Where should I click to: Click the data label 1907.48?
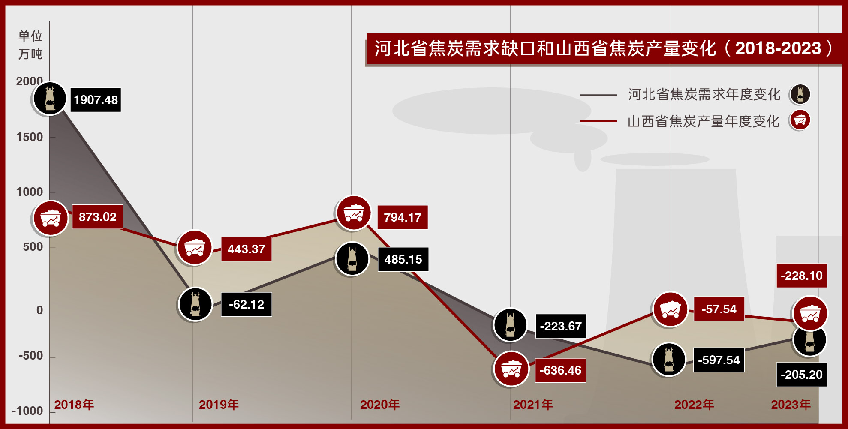coord(96,100)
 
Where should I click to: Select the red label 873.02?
coord(97,217)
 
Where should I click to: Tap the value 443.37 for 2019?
coord(247,249)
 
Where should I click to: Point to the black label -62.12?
coord(247,304)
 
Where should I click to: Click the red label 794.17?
coord(403,217)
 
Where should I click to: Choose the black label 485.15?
coord(403,259)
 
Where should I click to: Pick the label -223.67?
coord(561,326)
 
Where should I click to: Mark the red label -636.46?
coord(560,370)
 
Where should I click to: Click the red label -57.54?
coord(719,309)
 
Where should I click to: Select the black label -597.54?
coord(719,360)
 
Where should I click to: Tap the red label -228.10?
coord(802,276)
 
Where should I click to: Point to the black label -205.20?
coord(802,375)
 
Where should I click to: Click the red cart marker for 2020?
coord(354,213)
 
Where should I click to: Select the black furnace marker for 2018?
coord(50,99)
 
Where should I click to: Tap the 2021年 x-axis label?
coord(533,405)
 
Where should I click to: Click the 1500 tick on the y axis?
coord(30,137)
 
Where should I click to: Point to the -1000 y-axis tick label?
coord(27,411)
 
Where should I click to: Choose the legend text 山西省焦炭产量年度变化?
coord(704,121)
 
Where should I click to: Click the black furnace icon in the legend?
coord(800,94)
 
